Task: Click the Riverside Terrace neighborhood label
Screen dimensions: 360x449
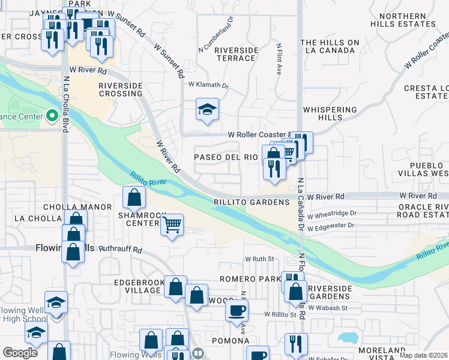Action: [x=236, y=53]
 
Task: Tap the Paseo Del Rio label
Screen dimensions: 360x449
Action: [x=226, y=157]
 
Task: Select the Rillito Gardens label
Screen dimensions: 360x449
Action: [x=252, y=202]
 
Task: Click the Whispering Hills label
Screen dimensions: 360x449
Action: [x=330, y=114]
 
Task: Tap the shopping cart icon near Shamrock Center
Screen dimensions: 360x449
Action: [x=173, y=225]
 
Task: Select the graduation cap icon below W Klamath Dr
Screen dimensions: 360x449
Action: [x=207, y=109]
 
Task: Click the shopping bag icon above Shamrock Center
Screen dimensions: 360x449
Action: [x=134, y=196]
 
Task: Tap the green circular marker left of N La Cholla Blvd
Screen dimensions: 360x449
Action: [x=52, y=116]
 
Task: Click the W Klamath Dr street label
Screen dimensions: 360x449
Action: [x=209, y=86]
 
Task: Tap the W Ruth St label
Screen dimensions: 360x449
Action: [x=259, y=259]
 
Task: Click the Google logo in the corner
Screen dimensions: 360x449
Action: [x=20, y=353]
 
